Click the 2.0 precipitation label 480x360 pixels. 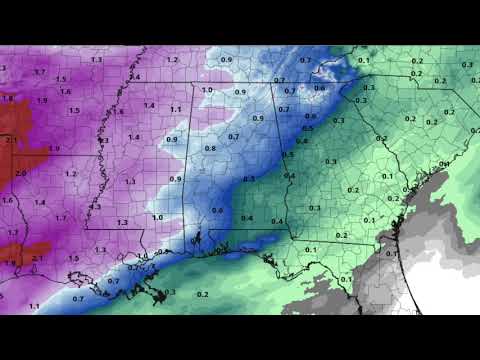tap(21, 173)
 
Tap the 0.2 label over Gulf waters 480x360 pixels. tap(203, 294)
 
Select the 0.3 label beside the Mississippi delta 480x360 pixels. tap(170, 291)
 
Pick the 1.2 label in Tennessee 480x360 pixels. tap(172, 60)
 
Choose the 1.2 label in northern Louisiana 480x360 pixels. tap(70, 173)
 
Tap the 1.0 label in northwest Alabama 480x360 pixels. tap(207, 91)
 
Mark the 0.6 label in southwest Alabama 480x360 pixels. tap(218, 210)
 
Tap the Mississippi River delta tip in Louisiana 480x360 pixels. tap(157, 296)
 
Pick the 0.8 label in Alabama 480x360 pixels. tap(210, 148)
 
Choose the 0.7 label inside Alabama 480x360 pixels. tap(233, 136)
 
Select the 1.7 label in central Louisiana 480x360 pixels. tap(60, 218)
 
